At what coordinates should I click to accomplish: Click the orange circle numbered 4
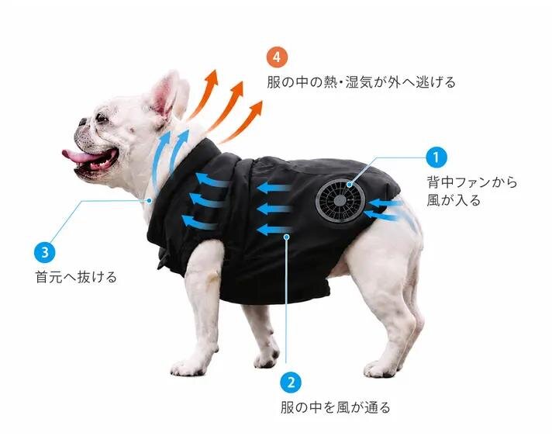[277, 57]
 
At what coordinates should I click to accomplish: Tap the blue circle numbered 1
[436, 157]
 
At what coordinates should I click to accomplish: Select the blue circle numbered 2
[291, 382]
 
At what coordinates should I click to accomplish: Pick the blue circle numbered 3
[45, 252]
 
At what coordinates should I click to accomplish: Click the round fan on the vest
[340, 200]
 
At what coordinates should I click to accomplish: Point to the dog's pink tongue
[79, 156]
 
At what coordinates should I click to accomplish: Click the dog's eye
[102, 118]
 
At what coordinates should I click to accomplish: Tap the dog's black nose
[83, 122]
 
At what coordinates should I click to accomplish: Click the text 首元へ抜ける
[76, 277]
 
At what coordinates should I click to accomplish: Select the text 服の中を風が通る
[336, 407]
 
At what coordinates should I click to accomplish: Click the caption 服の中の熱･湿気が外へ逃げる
[361, 82]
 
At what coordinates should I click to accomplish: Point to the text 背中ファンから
[472, 182]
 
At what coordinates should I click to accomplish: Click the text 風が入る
[454, 200]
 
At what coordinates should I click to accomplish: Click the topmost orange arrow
[203, 93]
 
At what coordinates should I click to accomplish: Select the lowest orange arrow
[242, 121]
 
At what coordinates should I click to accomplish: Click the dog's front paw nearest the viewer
[185, 366]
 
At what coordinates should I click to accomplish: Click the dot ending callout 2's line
[287, 237]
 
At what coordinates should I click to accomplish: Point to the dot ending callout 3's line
[150, 201]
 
